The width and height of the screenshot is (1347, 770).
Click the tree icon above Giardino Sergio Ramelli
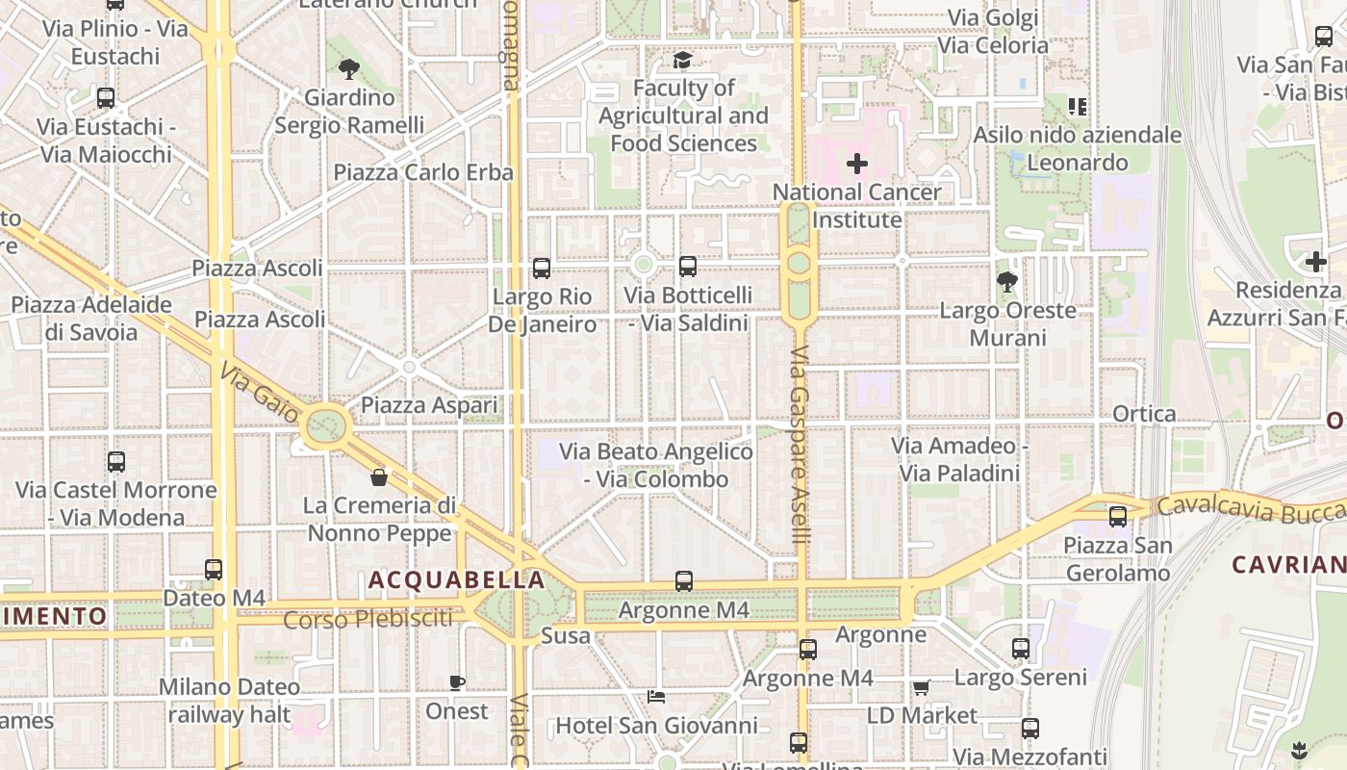tap(348, 68)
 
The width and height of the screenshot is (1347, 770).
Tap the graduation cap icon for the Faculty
tap(682, 60)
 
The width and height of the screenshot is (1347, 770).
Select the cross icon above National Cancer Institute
tap(856, 164)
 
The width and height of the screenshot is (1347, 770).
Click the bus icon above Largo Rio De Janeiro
tap(542, 268)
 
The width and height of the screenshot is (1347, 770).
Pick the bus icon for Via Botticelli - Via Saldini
tap(687, 267)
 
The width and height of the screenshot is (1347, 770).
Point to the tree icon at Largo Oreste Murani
tap(1007, 282)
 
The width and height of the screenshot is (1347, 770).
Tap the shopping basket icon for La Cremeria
tap(379, 477)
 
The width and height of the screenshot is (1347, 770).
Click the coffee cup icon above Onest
tap(457, 683)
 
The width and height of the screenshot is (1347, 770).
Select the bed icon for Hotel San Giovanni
tap(656, 696)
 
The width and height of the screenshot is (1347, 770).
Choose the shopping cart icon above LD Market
tap(921, 687)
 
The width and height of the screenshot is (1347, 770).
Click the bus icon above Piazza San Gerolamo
tap(1117, 517)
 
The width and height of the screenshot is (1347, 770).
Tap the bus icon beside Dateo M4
tap(214, 570)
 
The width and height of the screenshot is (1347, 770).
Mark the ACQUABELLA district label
tap(457, 580)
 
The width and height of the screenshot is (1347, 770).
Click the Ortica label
tap(1144, 414)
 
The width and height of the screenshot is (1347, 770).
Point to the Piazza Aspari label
tap(429, 406)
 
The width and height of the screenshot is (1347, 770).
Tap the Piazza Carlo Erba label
tap(423, 173)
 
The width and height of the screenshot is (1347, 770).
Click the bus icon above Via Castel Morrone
tap(116, 462)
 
